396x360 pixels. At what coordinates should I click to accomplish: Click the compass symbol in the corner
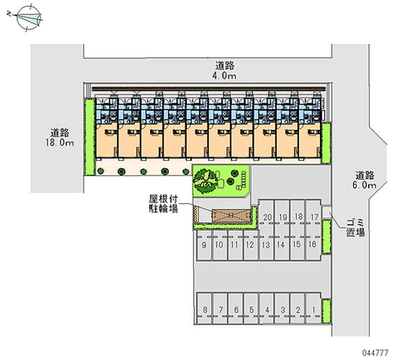coord(26,18)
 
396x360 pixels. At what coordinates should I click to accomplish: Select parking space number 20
coord(268,217)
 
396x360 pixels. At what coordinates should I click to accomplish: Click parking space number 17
coord(314,217)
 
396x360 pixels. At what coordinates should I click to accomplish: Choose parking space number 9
coord(204,245)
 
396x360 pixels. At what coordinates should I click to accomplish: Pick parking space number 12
coord(250,245)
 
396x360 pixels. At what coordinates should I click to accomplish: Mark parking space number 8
coord(205,310)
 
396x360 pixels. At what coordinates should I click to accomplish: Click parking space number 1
coord(313,310)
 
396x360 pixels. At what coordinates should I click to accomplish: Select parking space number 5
coord(251,310)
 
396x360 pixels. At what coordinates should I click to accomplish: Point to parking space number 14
coord(281,245)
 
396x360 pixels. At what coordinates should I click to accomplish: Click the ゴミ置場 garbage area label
coord(355,228)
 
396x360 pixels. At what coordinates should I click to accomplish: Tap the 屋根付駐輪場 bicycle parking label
coord(164,204)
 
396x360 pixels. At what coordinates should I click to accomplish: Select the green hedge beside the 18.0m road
coord(89,137)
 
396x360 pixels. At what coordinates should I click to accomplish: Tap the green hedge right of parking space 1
coord(326,311)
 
